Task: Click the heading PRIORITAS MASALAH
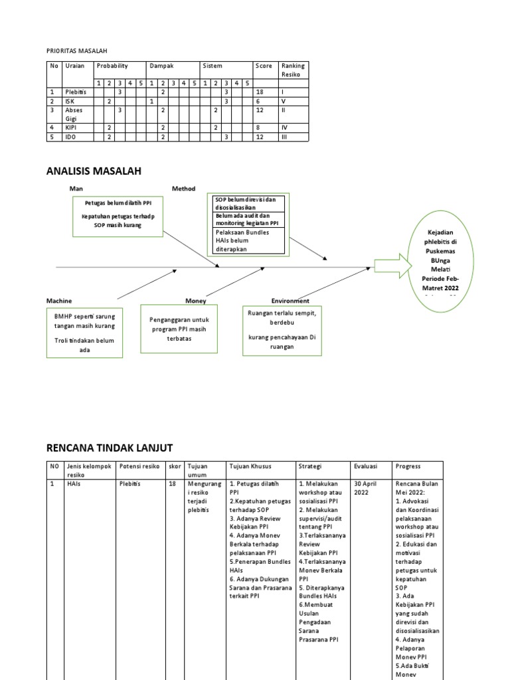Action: tap(76, 50)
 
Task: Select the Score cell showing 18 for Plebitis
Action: tap(260, 92)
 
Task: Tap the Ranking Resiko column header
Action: tap(293, 70)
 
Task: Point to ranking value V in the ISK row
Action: tap(284, 101)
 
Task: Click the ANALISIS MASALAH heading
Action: tap(94, 171)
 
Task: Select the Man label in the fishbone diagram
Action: tap(76, 189)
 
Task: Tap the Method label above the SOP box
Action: tap(184, 189)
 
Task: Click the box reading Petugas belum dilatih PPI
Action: tap(117, 215)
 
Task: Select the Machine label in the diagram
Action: tap(59, 301)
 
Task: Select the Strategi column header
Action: tap(309, 466)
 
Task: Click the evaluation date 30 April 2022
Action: tap(366, 489)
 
